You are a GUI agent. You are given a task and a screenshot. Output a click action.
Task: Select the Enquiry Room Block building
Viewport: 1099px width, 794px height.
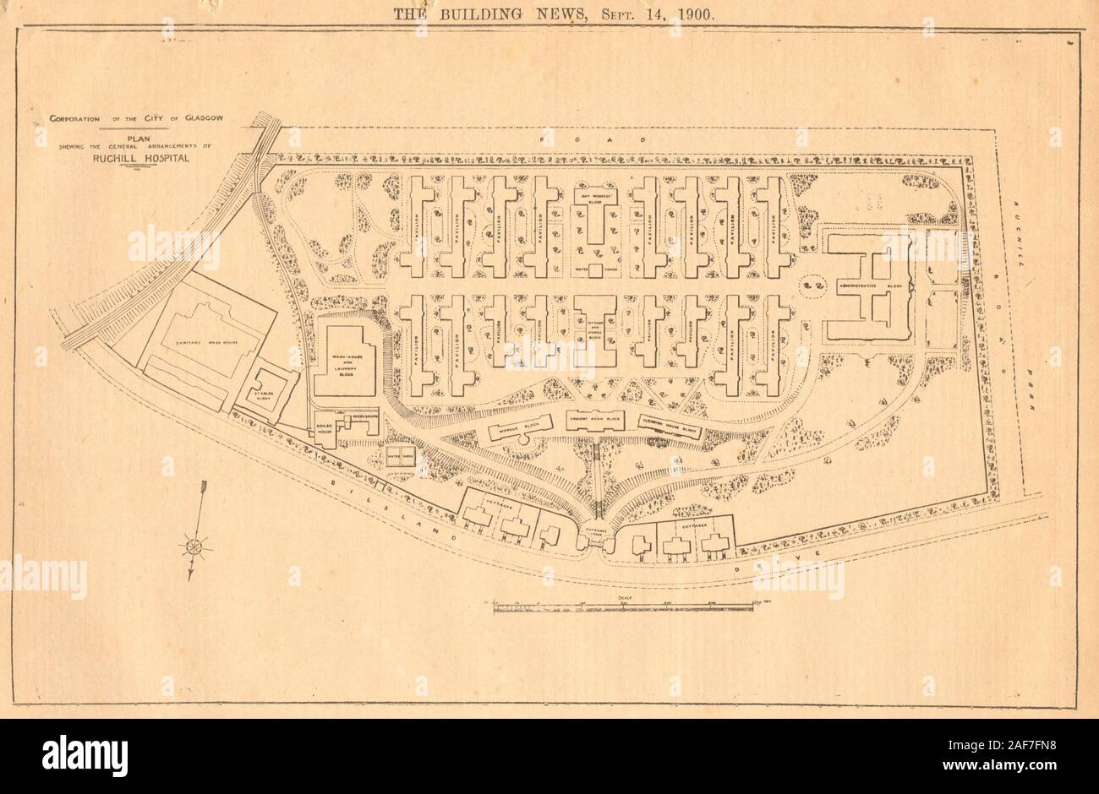coord(596,422)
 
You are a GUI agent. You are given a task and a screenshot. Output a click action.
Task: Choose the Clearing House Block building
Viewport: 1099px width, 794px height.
coord(670,429)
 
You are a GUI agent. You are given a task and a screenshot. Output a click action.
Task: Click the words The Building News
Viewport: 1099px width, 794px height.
coord(506,13)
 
